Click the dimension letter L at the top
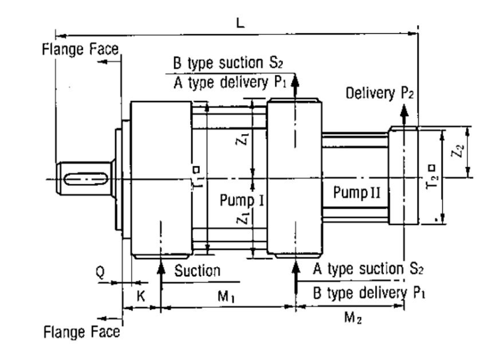[x=240, y=23]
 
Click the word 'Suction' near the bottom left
[x=197, y=271]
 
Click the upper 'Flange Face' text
[x=79, y=49]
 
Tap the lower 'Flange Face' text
[x=81, y=332]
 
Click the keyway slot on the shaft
[x=85, y=178]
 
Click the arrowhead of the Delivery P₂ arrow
[x=403, y=110]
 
